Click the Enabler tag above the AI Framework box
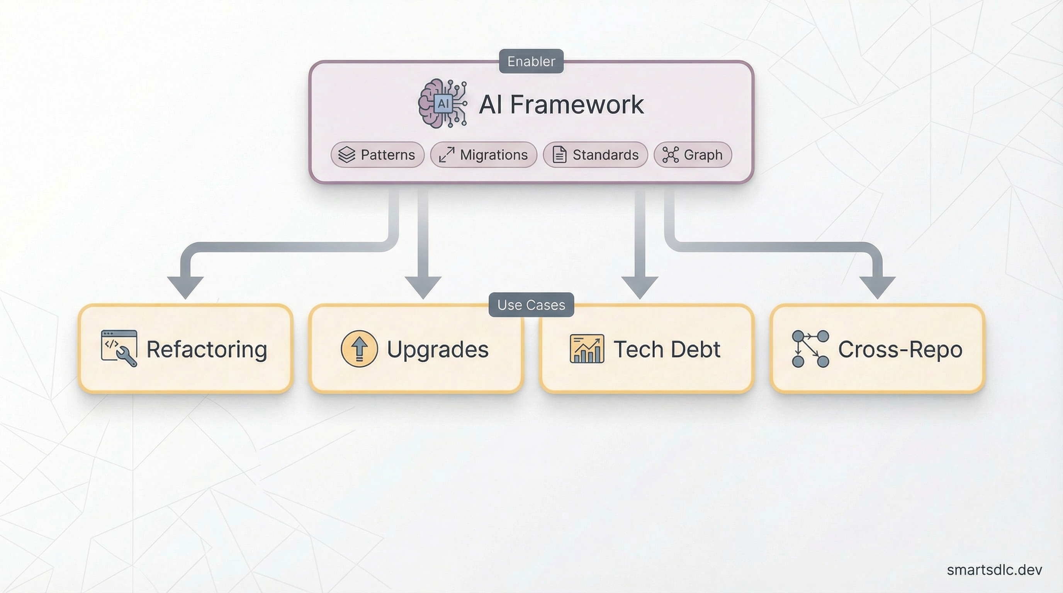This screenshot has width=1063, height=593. click(x=531, y=61)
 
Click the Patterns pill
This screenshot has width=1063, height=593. click(x=377, y=155)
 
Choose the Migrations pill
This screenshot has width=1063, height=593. click(x=483, y=155)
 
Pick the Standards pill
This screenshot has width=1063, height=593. click(x=595, y=155)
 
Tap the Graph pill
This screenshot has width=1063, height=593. click(x=693, y=155)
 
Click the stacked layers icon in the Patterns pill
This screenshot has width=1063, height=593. click(x=346, y=155)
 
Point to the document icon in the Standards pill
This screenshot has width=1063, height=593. click(x=559, y=155)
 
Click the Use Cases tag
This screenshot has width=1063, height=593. click(x=531, y=305)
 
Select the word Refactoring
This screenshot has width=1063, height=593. click(x=207, y=349)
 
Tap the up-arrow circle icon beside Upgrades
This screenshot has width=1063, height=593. click(x=359, y=349)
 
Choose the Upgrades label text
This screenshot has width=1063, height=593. click(x=437, y=349)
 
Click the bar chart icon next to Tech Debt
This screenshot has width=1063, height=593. click(x=587, y=349)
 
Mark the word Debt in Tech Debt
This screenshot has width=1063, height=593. click(x=695, y=349)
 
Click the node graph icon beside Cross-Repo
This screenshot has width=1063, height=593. click(x=810, y=349)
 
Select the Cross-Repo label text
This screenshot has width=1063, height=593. click(x=900, y=349)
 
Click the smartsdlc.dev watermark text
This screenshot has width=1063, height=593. click(x=994, y=569)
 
